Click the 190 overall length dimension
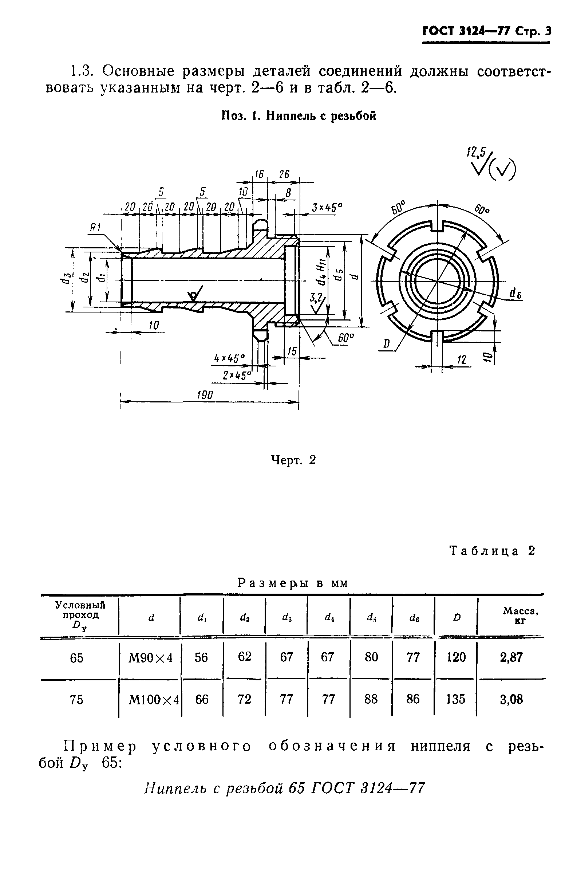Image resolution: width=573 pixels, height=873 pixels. (205, 395)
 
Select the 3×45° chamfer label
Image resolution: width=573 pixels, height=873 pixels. (327, 208)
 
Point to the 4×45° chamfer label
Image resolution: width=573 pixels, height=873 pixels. (229, 358)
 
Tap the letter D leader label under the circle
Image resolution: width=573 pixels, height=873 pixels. (386, 344)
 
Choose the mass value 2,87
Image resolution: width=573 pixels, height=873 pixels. (511, 657)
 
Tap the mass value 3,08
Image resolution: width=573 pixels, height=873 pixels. (511, 700)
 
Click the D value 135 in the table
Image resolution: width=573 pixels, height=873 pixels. (455, 699)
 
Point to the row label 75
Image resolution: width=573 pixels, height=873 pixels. (76, 700)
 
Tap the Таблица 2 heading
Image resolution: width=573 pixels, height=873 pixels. (492, 551)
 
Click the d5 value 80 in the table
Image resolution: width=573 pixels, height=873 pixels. (371, 657)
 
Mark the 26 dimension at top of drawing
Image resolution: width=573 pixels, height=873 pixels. (284, 175)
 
